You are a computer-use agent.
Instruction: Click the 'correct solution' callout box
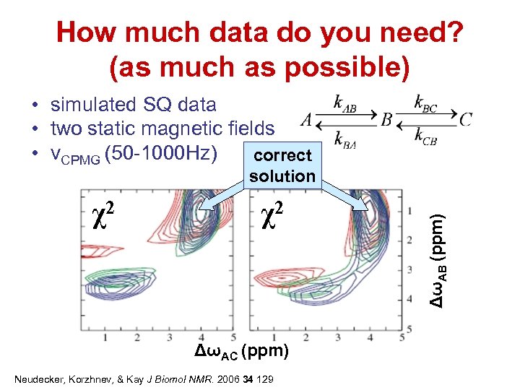tap(282, 165)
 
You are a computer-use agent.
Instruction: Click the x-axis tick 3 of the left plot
tap(169, 337)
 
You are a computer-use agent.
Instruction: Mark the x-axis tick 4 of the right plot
tap(370, 337)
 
